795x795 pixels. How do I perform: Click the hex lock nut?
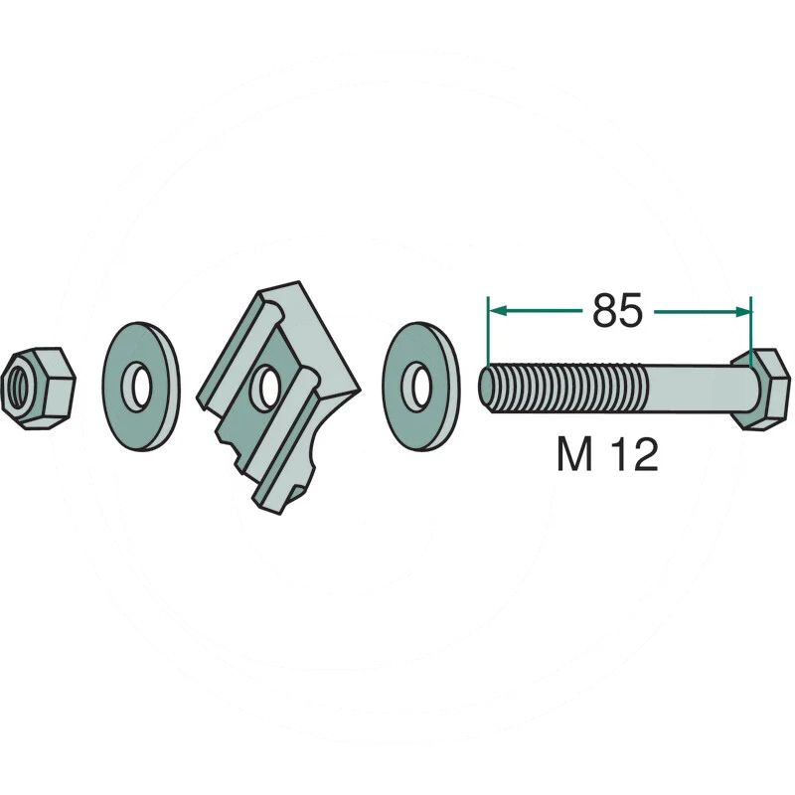(38, 389)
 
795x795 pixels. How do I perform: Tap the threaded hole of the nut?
(18, 388)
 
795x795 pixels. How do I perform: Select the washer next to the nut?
(141, 387)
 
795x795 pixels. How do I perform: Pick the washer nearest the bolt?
(420, 387)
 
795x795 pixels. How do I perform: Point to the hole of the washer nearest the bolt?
(418, 387)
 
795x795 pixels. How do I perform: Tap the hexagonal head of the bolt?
(760, 389)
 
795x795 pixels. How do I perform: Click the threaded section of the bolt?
(562, 389)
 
